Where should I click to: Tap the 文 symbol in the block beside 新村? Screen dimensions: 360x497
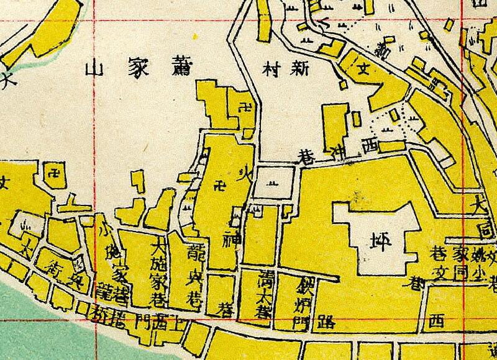pyautogui.click(x=365, y=70)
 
